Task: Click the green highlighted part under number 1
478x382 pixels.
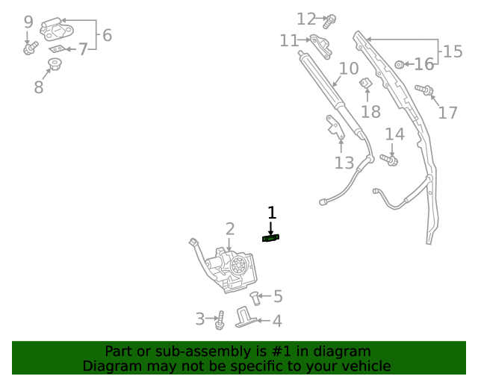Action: click(x=270, y=238)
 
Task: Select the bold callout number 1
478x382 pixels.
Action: click(x=272, y=213)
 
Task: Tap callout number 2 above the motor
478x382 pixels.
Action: click(x=230, y=229)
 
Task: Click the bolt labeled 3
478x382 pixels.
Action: click(x=220, y=320)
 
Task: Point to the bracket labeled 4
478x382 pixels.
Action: click(x=246, y=318)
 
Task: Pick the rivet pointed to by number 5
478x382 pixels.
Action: click(x=255, y=298)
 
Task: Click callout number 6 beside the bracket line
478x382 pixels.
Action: click(x=107, y=35)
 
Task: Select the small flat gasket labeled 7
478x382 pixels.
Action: click(x=58, y=49)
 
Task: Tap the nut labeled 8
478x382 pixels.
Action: click(x=55, y=64)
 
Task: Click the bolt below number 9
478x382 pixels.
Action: click(x=31, y=48)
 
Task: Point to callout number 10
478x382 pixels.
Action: click(x=349, y=69)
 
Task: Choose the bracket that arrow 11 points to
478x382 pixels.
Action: click(x=320, y=46)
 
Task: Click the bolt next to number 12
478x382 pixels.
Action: click(x=329, y=22)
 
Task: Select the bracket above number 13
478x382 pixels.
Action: click(x=335, y=128)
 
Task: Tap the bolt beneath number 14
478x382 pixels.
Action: click(x=388, y=160)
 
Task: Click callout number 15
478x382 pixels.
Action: click(x=453, y=51)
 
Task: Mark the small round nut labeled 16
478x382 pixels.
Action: click(x=400, y=65)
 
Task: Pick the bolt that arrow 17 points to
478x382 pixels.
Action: click(x=424, y=90)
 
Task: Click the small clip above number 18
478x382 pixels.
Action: click(x=366, y=83)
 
